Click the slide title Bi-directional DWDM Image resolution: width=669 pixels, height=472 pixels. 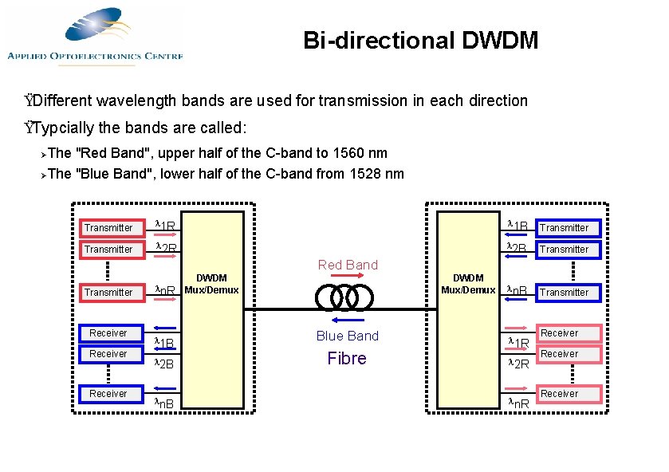[420, 40]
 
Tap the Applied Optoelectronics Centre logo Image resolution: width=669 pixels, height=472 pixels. [95, 35]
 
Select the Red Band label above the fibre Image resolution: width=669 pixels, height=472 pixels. [348, 265]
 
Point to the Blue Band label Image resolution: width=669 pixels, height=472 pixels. [348, 336]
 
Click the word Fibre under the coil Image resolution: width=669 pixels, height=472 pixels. [347, 359]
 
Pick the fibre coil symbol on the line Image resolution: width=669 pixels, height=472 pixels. [344, 297]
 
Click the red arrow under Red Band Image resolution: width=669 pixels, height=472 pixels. [348, 276]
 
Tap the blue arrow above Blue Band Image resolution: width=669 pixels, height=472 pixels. [348, 322]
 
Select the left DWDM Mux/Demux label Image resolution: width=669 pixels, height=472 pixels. [211, 284]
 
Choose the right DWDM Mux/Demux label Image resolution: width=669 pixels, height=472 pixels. [468, 284]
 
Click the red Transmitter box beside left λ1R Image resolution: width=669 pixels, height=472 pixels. [108, 228]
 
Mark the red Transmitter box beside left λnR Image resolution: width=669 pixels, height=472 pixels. [108, 293]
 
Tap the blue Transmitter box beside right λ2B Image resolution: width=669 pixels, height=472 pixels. [564, 250]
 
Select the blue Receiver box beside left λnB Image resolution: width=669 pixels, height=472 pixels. [108, 394]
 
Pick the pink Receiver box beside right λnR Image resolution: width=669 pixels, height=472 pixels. [560, 394]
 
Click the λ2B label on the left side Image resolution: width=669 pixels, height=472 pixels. [163, 364]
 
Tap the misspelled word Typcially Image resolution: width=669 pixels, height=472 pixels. [67, 128]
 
